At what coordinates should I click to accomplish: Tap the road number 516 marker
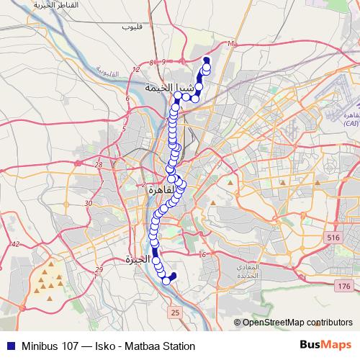(x=333, y=238)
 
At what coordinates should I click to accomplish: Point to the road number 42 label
(x=14, y=245)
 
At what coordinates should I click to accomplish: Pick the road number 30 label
(x=89, y=204)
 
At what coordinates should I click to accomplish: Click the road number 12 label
(x=136, y=70)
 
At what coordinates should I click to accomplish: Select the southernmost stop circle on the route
(x=166, y=281)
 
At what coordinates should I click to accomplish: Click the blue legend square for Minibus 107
(x=8, y=346)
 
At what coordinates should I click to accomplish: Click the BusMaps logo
(x=325, y=345)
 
